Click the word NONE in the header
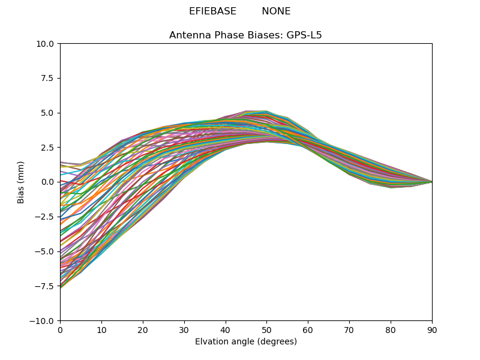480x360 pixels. point(276,11)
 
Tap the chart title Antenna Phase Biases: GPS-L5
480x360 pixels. point(245,35)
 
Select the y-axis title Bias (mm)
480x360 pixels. point(21,182)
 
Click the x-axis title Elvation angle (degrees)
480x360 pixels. point(246,342)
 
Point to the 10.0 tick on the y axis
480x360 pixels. point(46,44)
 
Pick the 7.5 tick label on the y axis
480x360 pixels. point(47,78)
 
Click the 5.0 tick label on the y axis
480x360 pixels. point(47,113)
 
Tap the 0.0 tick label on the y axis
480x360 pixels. point(47,182)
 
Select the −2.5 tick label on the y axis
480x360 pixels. point(45,217)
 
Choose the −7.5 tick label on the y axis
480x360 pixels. point(45,286)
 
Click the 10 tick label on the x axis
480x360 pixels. point(101,329)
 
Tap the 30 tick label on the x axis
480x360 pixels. point(184,329)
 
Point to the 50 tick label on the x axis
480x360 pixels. point(266,329)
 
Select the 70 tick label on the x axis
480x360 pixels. point(349,329)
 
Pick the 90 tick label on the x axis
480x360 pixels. point(432,329)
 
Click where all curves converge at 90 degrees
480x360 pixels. point(431,182)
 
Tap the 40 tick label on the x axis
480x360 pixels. point(226,329)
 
